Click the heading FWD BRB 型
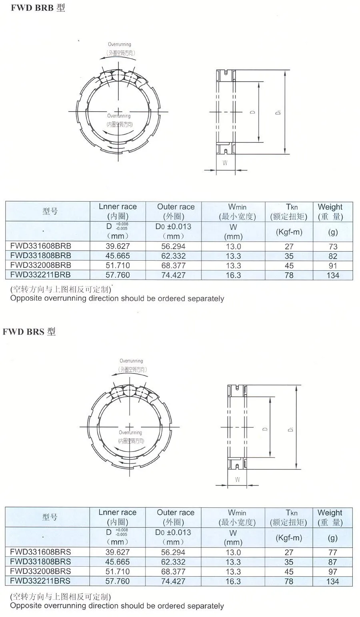(x=38, y=8)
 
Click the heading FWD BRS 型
(x=29, y=331)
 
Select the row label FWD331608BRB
(x=41, y=246)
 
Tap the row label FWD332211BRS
(x=40, y=581)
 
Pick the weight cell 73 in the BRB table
(x=333, y=247)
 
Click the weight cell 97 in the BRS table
(x=333, y=572)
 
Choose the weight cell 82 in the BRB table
(x=333, y=256)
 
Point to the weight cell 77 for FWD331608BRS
(x=333, y=553)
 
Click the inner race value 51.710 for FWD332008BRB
(x=118, y=265)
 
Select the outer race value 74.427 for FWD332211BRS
(x=173, y=581)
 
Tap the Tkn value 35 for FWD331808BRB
(x=289, y=256)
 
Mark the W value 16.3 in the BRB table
(x=233, y=275)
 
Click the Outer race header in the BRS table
(x=176, y=513)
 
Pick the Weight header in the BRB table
(x=330, y=207)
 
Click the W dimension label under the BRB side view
(x=225, y=163)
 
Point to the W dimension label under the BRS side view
(x=238, y=479)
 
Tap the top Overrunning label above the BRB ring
(x=119, y=44)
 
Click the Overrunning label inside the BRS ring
(x=130, y=433)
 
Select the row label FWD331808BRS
(x=40, y=562)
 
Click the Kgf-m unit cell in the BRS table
(x=289, y=538)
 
